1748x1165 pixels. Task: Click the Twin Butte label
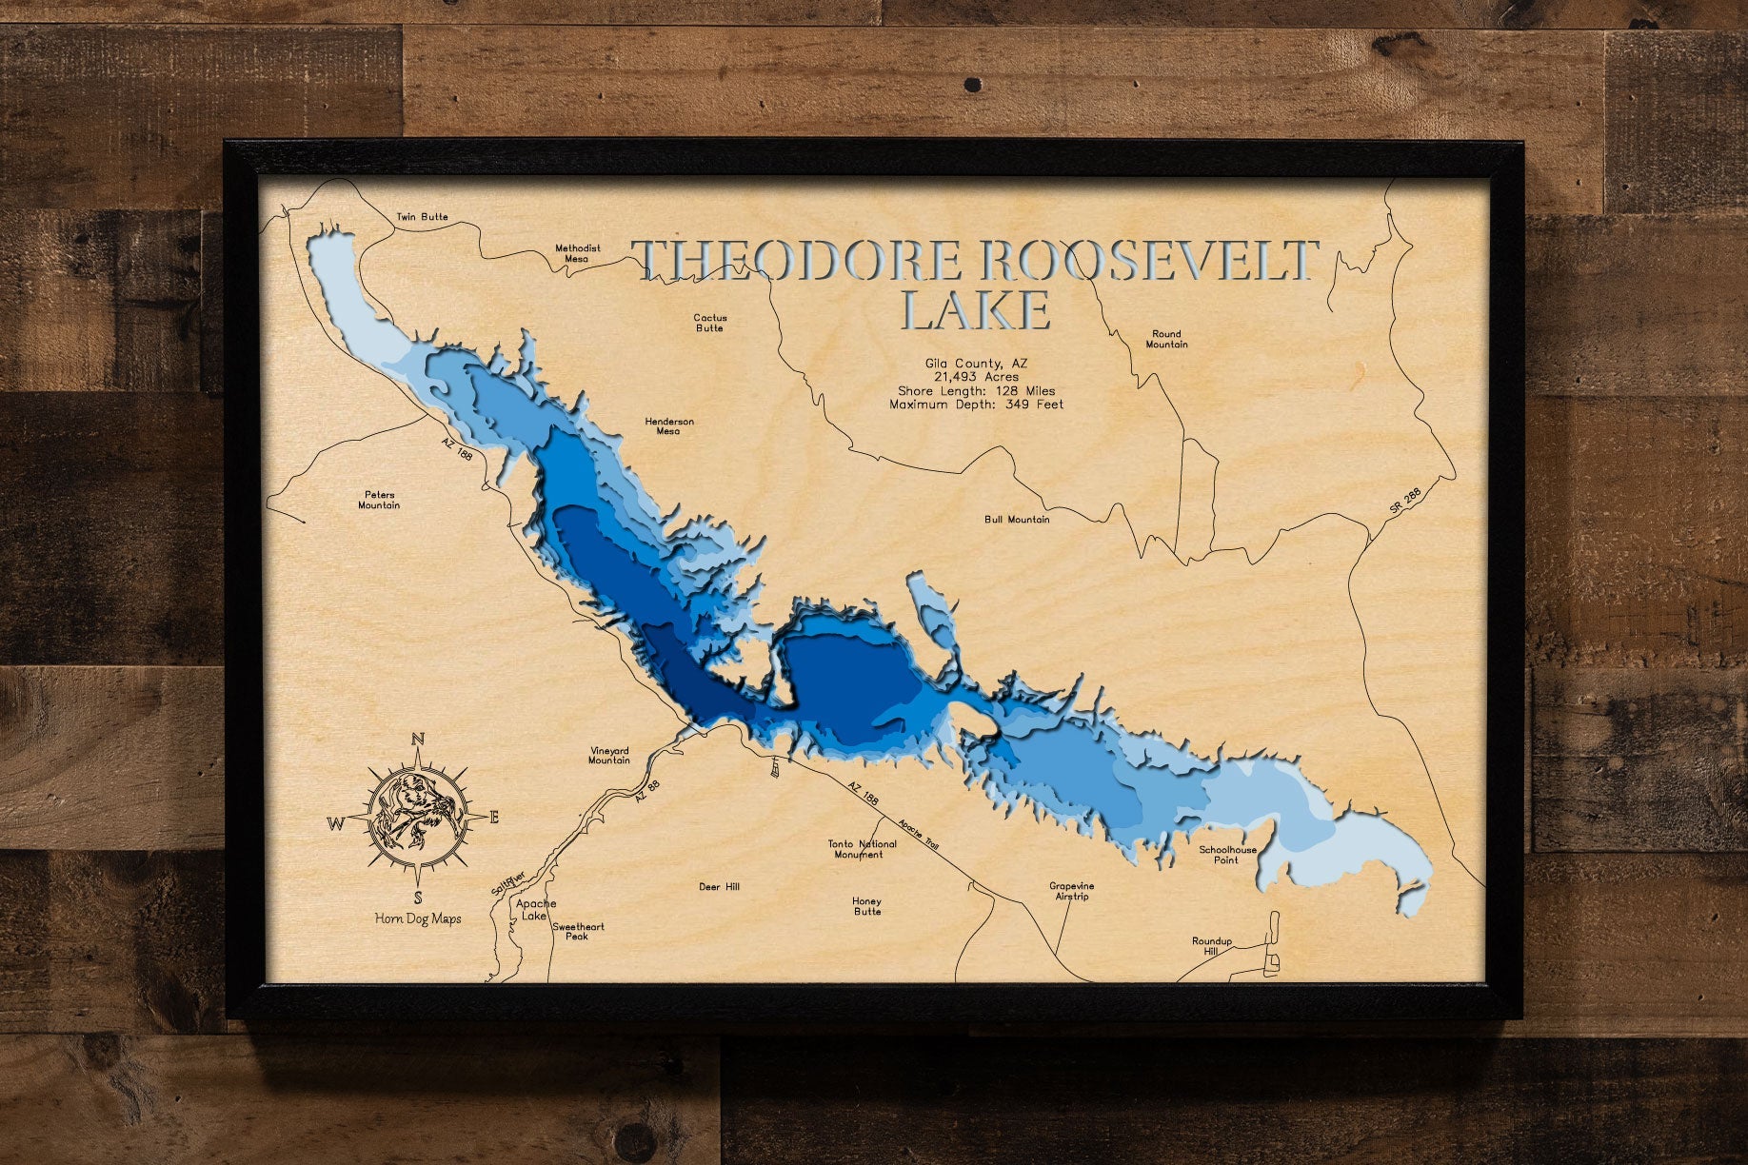422,217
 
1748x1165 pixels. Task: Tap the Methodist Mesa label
578,253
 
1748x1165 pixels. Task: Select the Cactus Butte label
709,323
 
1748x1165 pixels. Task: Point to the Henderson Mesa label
669,425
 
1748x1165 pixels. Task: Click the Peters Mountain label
379,500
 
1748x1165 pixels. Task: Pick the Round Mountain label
1166,339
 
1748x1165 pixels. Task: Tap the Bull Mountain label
1017,520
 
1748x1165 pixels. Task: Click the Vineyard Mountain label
609,755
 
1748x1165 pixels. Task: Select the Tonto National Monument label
862,849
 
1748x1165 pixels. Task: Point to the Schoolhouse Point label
1227,855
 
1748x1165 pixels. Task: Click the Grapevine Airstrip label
1072,891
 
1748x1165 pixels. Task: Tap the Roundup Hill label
1212,945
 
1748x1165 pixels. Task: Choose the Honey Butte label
867,906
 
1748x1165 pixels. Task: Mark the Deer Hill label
719,887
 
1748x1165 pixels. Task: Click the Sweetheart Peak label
578,931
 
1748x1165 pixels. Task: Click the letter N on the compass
417,740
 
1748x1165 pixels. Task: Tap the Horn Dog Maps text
418,918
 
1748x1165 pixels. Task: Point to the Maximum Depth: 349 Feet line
976,405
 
